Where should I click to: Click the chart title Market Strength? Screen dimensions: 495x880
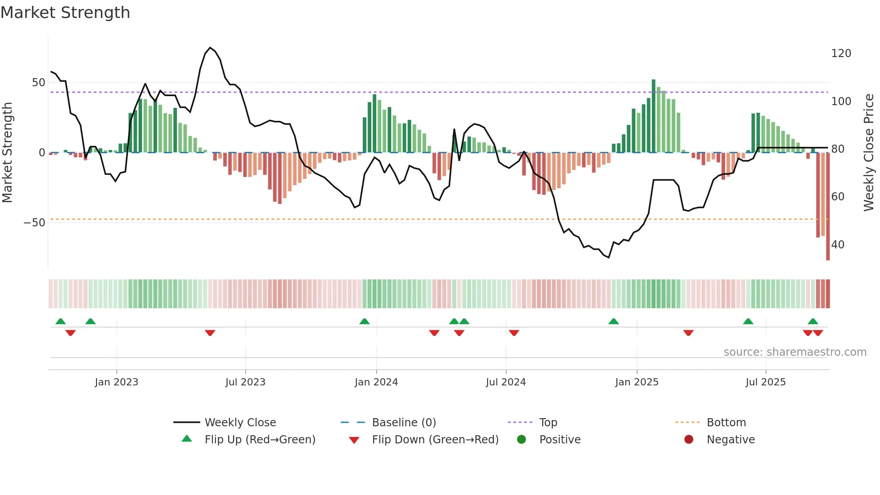pos(65,13)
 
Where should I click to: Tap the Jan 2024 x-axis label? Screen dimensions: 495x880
pos(376,382)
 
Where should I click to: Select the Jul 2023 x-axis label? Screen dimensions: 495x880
pos(245,382)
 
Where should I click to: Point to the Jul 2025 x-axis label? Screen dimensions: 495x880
pos(766,382)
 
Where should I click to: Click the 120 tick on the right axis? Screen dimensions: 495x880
pos(841,53)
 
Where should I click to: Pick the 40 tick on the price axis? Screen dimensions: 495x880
pos(837,245)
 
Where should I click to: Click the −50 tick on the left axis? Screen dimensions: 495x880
pos(35,223)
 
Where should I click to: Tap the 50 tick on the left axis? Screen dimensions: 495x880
pos(39,83)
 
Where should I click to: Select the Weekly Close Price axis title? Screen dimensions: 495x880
pos(869,153)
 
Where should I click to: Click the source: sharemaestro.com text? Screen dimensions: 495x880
pos(795,352)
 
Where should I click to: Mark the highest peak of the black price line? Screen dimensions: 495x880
pos(210,47)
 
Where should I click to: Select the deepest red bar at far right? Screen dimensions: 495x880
pos(827,207)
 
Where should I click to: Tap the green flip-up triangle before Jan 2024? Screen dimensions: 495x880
pos(365,322)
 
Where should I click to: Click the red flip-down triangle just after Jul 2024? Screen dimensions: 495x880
pos(514,333)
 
